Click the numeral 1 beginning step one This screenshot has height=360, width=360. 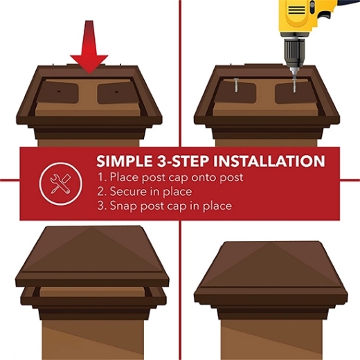[x=99, y=177]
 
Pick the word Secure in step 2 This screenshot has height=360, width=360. [x=129, y=192]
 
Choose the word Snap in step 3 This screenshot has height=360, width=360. [x=123, y=206]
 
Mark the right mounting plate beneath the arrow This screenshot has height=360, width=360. [x=114, y=93]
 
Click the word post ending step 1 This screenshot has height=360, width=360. [x=230, y=177]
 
